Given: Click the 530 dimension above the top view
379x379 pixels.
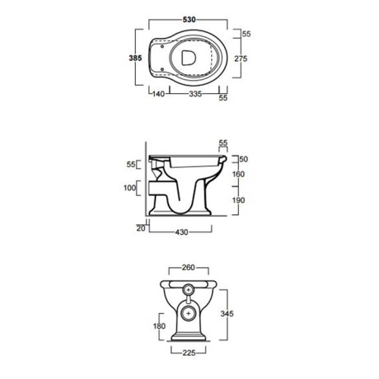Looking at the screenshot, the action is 189,20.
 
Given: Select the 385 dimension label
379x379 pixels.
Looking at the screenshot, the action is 135,58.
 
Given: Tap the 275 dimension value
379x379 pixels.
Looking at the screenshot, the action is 241,58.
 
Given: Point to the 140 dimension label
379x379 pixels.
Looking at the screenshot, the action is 158,94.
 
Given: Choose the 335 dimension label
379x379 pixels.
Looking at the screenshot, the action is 195,94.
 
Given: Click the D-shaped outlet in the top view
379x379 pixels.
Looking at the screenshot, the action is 189,58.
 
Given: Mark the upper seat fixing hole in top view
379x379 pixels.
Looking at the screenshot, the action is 162,46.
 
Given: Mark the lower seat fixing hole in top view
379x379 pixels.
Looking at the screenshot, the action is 162,69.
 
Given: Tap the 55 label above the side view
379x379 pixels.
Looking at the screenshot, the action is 223,143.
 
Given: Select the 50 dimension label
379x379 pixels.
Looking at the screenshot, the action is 244,159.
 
